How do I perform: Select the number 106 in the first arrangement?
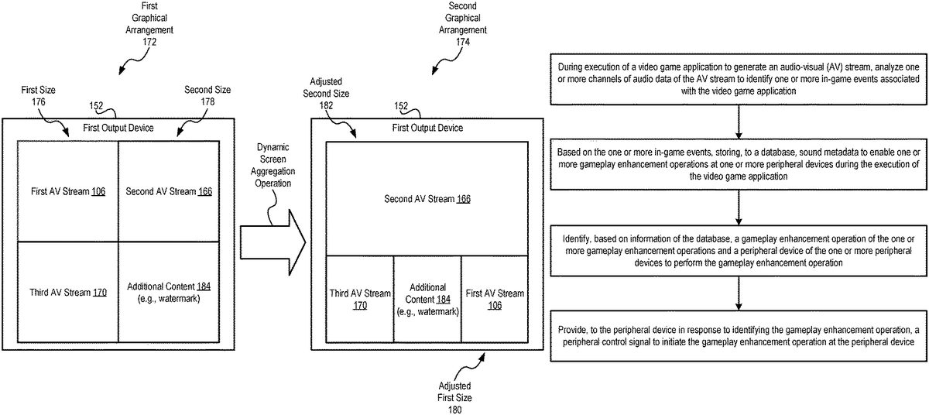coord(98,191)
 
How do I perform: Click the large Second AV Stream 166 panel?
coord(427,199)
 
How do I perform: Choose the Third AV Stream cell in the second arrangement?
coord(360,299)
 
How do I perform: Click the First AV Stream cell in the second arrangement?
coord(495,299)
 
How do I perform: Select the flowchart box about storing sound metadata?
coord(740,163)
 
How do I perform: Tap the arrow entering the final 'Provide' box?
coord(740,295)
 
